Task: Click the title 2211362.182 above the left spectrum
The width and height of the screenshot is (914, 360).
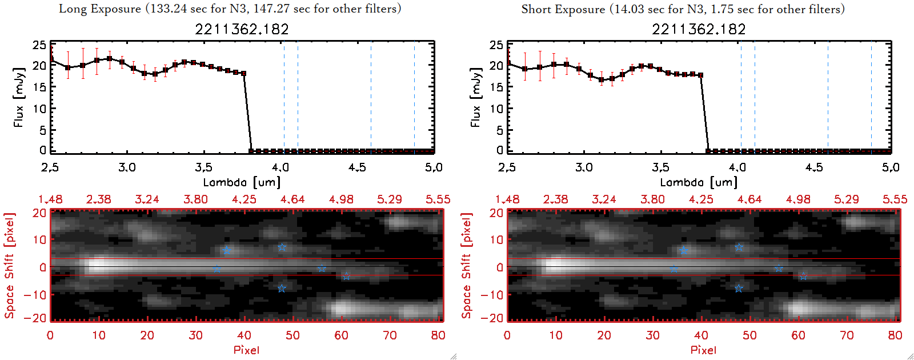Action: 242,29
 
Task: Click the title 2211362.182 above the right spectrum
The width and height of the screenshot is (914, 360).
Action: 699,29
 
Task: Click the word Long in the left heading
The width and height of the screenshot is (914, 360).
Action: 72,9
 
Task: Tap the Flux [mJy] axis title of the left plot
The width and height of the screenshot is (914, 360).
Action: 19,97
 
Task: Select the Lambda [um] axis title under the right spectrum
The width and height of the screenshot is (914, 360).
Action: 699,182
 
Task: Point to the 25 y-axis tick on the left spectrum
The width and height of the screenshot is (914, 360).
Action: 39,45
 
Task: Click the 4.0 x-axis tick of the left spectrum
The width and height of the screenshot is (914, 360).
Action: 280,167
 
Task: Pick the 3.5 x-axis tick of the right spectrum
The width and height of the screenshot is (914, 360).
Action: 660,167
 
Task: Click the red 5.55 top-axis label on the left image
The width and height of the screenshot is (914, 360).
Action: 438,199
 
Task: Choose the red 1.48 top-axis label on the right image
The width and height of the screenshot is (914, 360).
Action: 507,199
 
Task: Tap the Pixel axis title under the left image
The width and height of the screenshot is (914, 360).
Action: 246,350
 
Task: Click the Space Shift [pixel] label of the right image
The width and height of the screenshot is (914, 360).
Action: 467,266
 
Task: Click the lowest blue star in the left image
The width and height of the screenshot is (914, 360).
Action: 282,289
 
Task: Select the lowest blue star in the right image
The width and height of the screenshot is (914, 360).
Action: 739,289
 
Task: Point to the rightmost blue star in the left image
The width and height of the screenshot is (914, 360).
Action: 346,277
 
